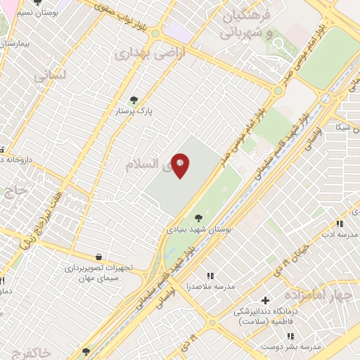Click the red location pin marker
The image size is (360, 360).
[181, 166]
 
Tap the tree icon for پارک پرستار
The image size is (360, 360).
[134, 100]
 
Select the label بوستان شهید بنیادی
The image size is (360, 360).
[199, 229]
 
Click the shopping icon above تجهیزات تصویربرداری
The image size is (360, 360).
[98, 257]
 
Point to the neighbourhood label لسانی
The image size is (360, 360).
[49, 76]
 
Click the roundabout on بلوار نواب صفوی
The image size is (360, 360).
[155, 33]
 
